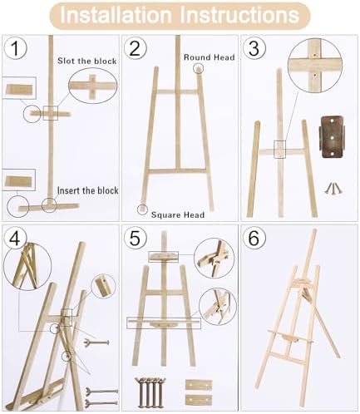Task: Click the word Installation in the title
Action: coord(116,15)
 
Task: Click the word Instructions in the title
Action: coord(240,15)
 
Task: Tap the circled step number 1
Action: coord(15,48)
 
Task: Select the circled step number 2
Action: coord(135,48)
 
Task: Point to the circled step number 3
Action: coord(254,48)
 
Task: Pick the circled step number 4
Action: coord(15,239)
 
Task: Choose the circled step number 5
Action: coord(135,239)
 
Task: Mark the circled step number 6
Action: coord(254,239)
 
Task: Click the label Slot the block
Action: coord(87,61)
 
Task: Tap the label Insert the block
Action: coord(88,190)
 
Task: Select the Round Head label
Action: coord(210,57)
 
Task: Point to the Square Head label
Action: coord(178,214)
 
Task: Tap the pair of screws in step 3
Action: coord(333,188)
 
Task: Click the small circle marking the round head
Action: coord(199,67)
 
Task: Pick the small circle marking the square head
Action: coord(142,209)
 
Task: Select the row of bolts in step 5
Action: coord(150,392)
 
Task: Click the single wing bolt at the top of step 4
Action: coord(96,343)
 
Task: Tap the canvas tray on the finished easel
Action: coord(290,338)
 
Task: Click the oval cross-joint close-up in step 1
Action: coord(93,86)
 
